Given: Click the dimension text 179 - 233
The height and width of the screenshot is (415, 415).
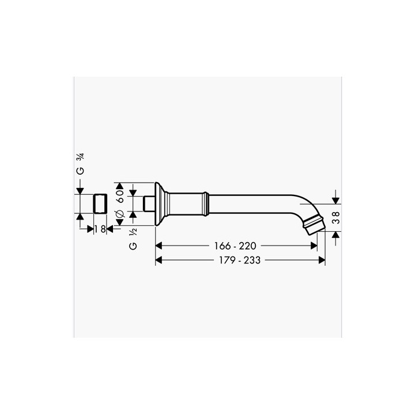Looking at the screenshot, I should pos(240,260).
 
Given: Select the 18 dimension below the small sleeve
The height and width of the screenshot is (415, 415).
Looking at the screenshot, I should pos(99,229).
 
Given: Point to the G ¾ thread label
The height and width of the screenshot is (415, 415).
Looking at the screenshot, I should pos(81,164).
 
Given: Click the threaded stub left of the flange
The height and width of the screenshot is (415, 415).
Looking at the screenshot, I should pos(149,204).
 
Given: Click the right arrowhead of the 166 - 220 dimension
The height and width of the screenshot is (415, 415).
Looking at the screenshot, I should pos(314,245).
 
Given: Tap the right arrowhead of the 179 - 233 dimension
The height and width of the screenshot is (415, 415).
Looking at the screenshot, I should pos(322,260).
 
